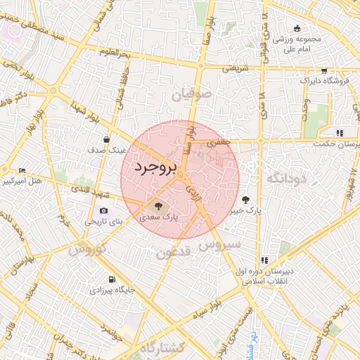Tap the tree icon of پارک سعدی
pyautogui.click(x=158, y=206)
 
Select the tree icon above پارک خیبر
pyautogui.click(x=245, y=200)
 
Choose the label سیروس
pyautogui.click(x=219, y=245)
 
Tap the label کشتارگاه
pyautogui.click(x=162, y=348)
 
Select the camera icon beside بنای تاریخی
pyautogui.click(x=104, y=210)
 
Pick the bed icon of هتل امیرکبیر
pyautogui.click(x=22, y=171)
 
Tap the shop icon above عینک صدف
pyautogui.click(x=106, y=140)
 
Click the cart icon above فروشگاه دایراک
pyautogui.click(x=323, y=70)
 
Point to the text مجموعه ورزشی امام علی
pyautogui.click(x=297, y=44)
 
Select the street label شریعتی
pyautogui.click(x=236, y=69)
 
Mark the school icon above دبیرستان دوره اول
pyautogui.click(x=264, y=260)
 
